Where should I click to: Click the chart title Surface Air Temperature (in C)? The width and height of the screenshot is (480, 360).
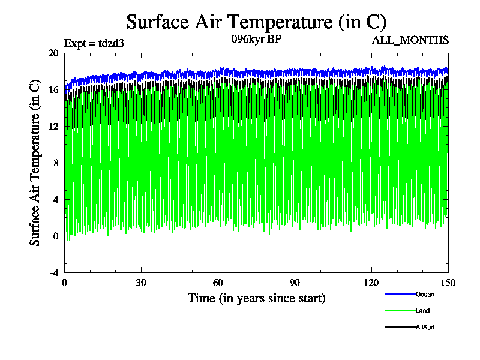click(256, 22)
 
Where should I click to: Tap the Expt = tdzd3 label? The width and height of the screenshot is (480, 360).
click(94, 43)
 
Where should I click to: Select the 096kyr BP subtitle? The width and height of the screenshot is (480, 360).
click(256, 39)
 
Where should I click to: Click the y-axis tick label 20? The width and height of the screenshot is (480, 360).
click(53, 53)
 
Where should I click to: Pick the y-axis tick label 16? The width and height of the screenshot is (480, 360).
click(53, 89)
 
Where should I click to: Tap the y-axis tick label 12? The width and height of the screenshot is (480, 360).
click(53, 126)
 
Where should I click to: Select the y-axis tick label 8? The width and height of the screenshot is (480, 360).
click(55, 163)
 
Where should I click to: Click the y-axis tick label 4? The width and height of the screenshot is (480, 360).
click(55, 199)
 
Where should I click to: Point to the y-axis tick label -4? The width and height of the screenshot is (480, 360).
click(53, 272)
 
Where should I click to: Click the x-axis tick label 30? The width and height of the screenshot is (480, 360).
click(142, 283)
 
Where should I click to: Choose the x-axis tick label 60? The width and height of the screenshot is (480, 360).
click(218, 283)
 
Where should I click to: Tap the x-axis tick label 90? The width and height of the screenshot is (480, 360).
click(295, 283)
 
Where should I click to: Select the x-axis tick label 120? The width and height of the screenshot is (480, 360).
click(371, 283)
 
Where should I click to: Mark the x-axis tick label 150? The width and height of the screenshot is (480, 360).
click(448, 283)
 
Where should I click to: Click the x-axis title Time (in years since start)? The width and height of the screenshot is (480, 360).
click(256, 298)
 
